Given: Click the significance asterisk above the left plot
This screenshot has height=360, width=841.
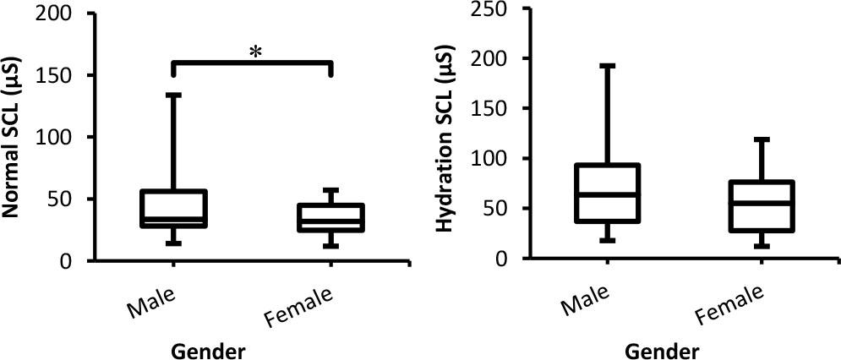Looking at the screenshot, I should pyautogui.click(x=255, y=52).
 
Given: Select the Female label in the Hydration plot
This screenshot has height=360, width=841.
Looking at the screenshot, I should pyautogui.click(x=732, y=304).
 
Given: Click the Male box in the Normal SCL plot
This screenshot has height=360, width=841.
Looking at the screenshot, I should pyautogui.click(x=174, y=209).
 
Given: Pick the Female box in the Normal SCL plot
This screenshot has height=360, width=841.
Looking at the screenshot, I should pyautogui.click(x=330, y=217).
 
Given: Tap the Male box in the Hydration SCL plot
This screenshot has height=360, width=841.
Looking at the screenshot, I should pyautogui.click(x=608, y=193).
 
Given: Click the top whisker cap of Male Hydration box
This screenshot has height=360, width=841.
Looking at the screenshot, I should pyautogui.click(x=608, y=65).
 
